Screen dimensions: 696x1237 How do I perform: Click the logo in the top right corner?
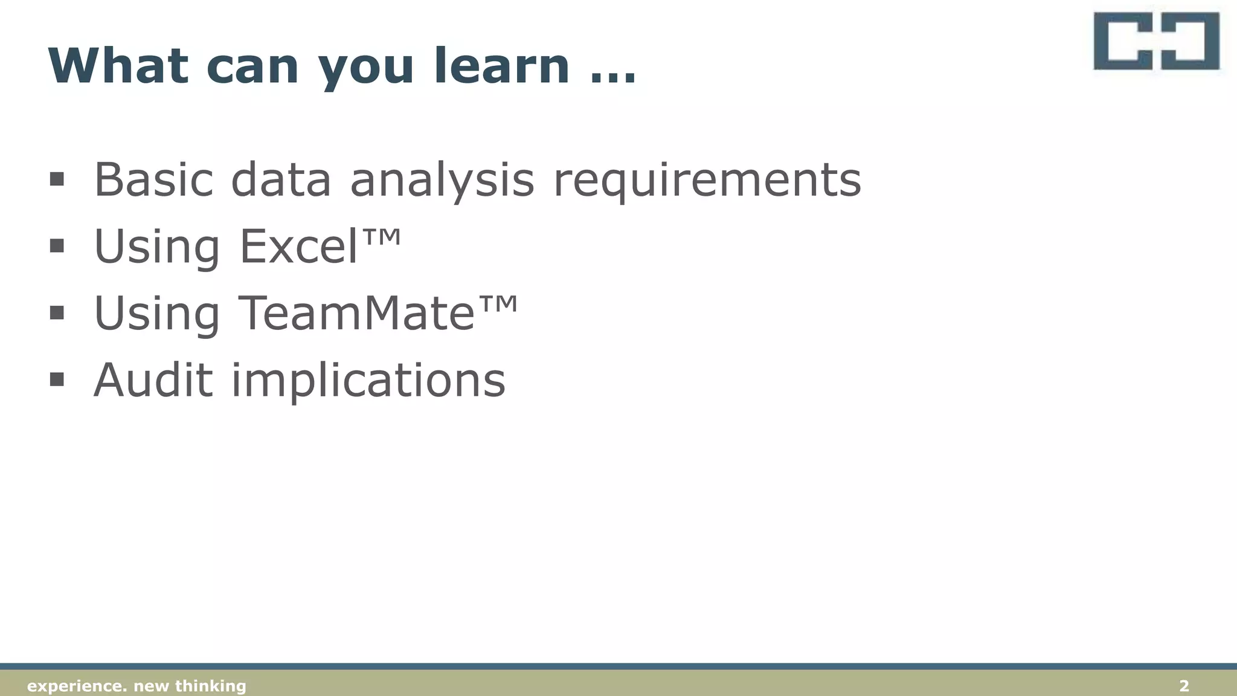tap(1156, 42)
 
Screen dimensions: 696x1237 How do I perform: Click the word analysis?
tap(442, 181)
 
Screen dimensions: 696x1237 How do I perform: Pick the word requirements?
tap(707, 181)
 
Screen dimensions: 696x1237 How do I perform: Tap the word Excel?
tap(299, 246)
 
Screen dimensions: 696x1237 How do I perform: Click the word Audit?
tap(153, 380)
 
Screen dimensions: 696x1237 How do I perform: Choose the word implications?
tap(368, 381)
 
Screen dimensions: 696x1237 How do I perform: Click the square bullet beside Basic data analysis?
tap(57, 179)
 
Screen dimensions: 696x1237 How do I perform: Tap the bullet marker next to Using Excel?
tap(57, 245)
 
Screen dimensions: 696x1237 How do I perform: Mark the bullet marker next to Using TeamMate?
tap(57, 312)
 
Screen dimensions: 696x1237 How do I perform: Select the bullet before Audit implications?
tap(57, 379)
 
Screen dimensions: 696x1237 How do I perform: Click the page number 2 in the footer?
tap(1184, 686)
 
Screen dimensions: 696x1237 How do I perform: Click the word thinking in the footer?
tap(210, 686)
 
